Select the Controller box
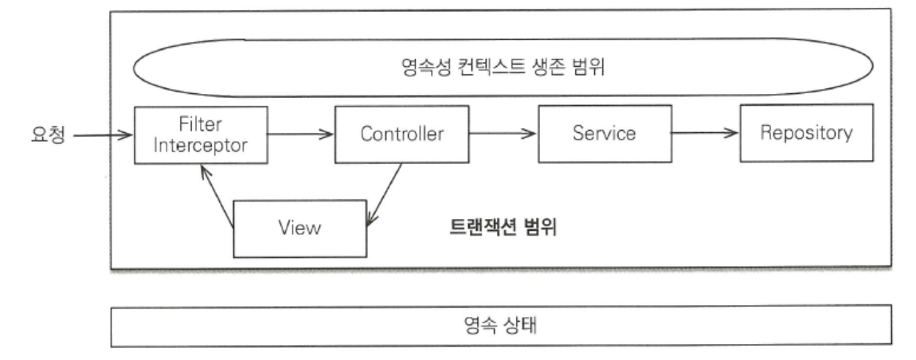point(401,133)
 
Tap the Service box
point(605,133)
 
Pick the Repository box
point(805,133)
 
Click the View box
point(299,228)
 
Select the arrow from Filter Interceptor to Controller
point(300,134)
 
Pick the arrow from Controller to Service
point(503,134)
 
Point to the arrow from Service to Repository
point(705,134)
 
